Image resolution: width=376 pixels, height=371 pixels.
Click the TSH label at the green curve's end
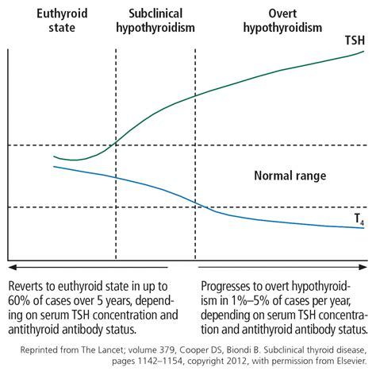point(354,40)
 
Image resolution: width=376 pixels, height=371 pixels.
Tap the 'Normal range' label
point(290,176)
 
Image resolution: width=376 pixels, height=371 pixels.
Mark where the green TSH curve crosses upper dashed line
point(116,145)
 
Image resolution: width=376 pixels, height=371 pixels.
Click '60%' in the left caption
point(22,300)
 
